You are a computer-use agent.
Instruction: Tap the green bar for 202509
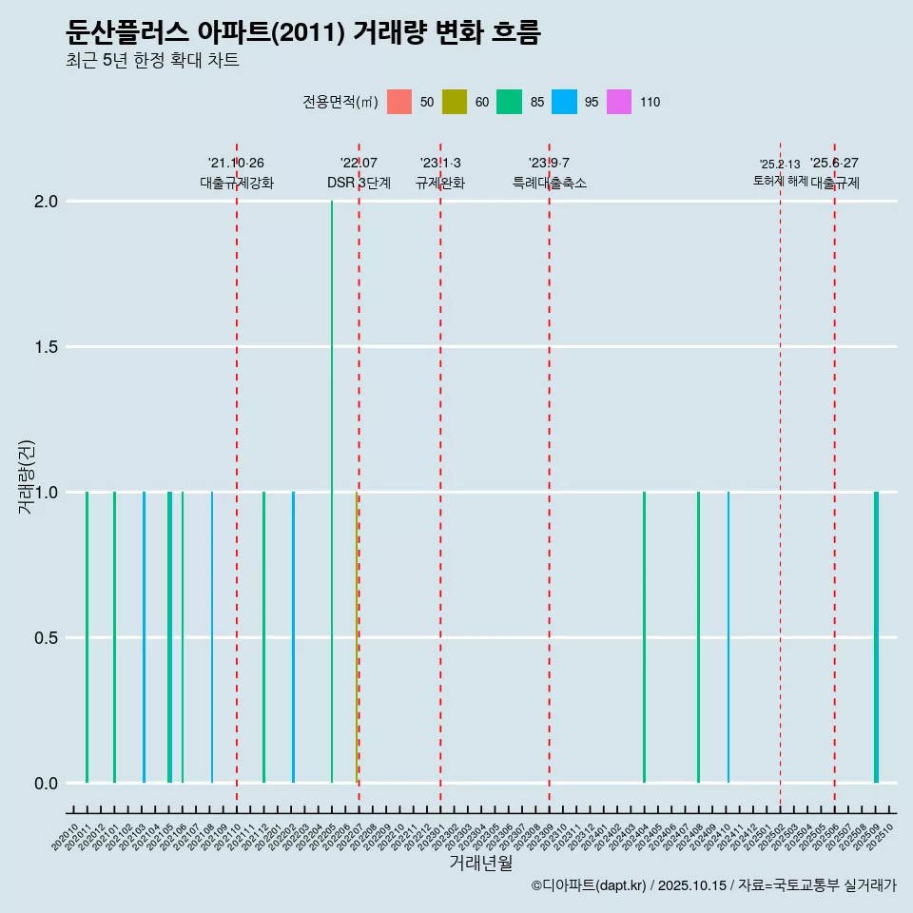pos(876,637)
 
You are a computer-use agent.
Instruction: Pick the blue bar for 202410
pos(728,637)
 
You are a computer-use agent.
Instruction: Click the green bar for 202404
pos(644,637)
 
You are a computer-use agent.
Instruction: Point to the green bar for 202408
pos(698,637)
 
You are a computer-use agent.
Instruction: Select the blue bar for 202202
pos(293,637)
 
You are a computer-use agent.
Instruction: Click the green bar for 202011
pos(87,637)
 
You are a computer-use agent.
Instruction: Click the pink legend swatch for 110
pos(618,102)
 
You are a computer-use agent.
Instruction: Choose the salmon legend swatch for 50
pos(399,102)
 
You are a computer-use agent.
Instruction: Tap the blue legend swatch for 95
pos(564,102)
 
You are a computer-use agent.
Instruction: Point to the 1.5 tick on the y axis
pos(45,347)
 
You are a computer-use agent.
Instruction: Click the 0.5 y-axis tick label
pos(45,638)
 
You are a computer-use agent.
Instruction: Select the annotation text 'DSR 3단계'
pos(359,184)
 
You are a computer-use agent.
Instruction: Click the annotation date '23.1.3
pos(440,164)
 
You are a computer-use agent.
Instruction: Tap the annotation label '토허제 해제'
pos(780,181)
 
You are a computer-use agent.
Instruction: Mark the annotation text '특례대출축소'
pos(549,184)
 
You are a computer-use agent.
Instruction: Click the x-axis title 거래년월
pos(480,864)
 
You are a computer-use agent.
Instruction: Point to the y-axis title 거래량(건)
pos(27,476)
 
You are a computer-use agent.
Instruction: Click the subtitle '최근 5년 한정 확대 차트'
pos(152,61)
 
